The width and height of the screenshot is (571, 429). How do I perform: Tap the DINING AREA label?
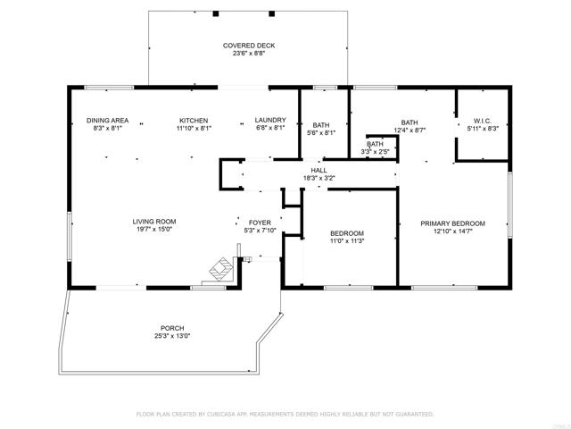pos(107,121)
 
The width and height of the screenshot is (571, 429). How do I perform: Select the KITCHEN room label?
pos(194,121)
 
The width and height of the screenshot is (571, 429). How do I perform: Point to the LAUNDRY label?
pos(269,121)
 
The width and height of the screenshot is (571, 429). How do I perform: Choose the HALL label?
pos(319,170)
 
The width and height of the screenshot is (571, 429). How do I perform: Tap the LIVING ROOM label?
pos(153,222)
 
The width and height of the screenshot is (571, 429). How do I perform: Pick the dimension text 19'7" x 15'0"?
pos(153,230)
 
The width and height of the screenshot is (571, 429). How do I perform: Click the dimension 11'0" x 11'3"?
pos(347,241)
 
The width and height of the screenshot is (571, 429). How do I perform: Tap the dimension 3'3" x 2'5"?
pos(376,151)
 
